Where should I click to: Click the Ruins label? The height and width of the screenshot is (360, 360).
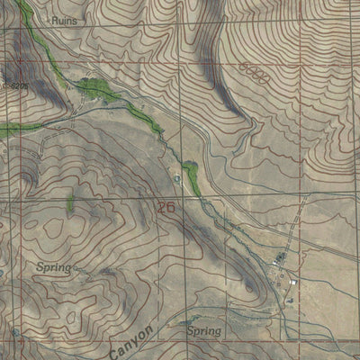click(64, 19)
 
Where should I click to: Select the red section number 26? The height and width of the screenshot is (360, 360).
click(166, 207)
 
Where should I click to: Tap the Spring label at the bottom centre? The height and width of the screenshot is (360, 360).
click(203, 331)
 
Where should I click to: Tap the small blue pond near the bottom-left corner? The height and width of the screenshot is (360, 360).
click(15, 334)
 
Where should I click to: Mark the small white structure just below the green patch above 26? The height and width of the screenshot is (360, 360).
click(177, 179)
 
